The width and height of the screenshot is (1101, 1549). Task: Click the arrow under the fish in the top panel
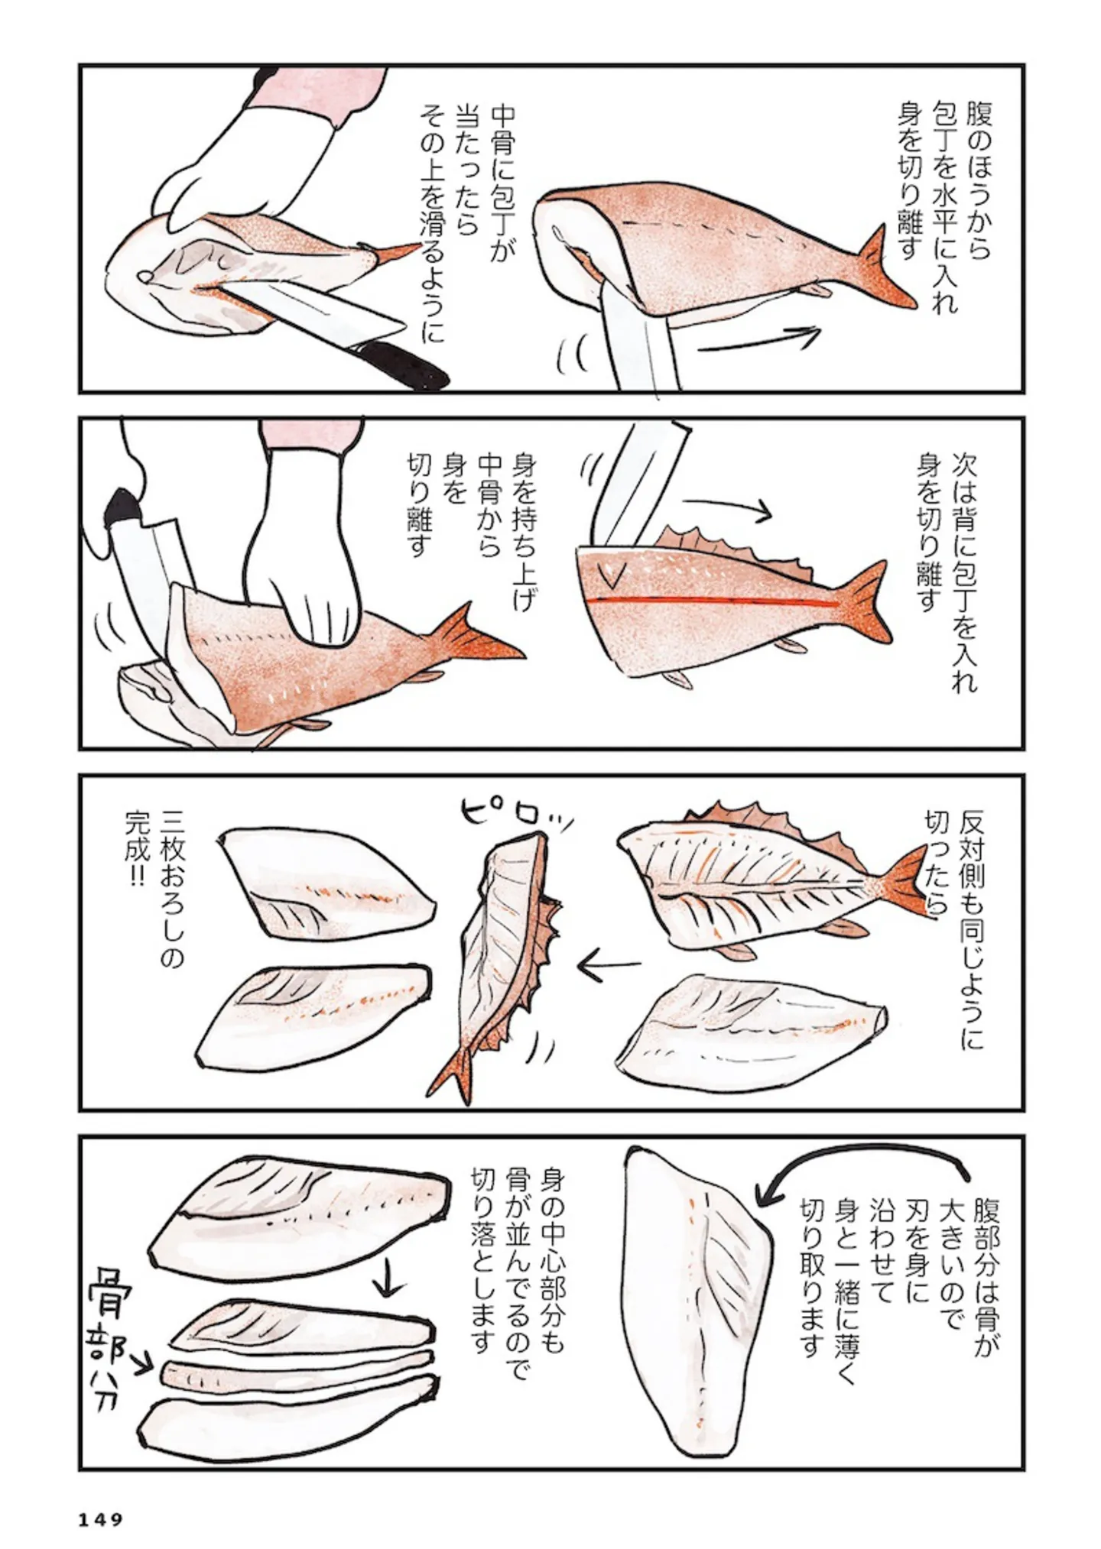[x=760, y=340]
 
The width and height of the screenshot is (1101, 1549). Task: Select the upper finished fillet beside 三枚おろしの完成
[x=328, y=884]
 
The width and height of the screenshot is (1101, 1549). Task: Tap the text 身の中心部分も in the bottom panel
[x=550, y=1269]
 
